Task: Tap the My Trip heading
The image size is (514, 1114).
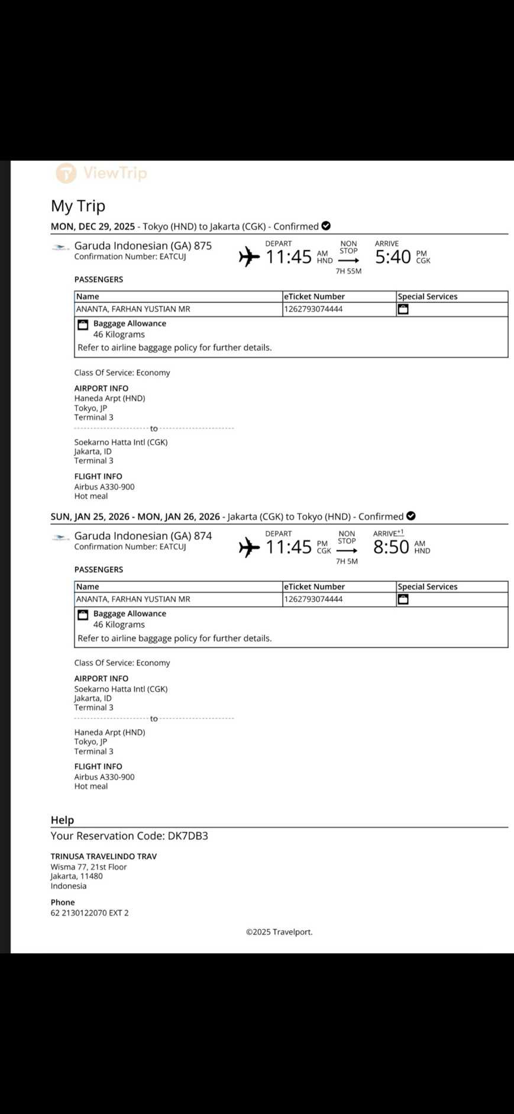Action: tap(78, 206)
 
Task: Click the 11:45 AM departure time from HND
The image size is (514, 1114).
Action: tap(288, 257)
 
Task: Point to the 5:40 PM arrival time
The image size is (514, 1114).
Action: tap(393, 257)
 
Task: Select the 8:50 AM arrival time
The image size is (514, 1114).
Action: tap(391, 547)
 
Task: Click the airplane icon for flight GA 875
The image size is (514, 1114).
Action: tap(249, 257)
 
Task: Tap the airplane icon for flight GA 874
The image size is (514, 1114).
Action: tap(249, 547)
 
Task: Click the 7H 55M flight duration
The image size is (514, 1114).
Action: tap(348, 271)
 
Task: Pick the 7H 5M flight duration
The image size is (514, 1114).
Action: tap(347, 561)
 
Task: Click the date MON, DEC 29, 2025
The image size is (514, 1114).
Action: tap(93, 226)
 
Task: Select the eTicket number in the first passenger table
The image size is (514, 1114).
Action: tap(313, 309)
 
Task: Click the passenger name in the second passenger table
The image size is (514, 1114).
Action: tap(133, 599)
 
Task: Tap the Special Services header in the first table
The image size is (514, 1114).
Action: tap(428, 296)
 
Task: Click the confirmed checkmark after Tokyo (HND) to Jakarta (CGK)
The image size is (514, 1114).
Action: tap(326, 226)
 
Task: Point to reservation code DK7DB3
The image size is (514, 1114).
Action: tap(184, 835)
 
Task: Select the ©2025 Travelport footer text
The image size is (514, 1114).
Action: tap(279, 932)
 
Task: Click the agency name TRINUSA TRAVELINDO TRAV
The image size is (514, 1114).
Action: tap(104, 856)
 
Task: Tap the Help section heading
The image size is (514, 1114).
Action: tap(62, 820)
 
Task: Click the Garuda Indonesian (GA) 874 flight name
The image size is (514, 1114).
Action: tap(143, 536)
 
